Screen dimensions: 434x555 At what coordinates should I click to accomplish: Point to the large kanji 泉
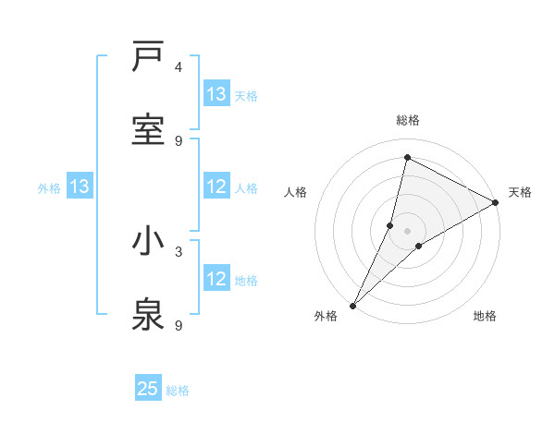(x=148, y=315)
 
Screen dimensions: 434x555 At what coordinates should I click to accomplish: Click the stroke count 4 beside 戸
(x=179, y=66)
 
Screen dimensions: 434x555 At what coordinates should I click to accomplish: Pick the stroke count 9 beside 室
(x=179, y=140)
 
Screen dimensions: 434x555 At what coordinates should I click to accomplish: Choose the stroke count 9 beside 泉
(x=179, y=325)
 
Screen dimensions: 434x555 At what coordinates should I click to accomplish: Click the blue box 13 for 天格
(x=216, y=94)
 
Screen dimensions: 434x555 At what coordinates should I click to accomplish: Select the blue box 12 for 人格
(x=216, y=187)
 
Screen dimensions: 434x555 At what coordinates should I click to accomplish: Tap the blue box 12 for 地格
(x=216, y=280)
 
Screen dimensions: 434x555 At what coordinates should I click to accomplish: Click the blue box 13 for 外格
(x=80, y=187)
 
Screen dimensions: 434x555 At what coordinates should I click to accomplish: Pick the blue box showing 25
(x=148, y=389)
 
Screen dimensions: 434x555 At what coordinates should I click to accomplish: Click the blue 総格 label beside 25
(x=178, y=391)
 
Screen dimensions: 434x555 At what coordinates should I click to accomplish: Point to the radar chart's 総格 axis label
(x=408, y=120)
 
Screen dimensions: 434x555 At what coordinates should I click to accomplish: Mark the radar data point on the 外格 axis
(x=352, y=305)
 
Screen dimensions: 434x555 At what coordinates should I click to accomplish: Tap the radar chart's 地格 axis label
(x=484, y=316)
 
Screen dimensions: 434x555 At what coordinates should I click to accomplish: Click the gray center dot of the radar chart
(x=407, y=230)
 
